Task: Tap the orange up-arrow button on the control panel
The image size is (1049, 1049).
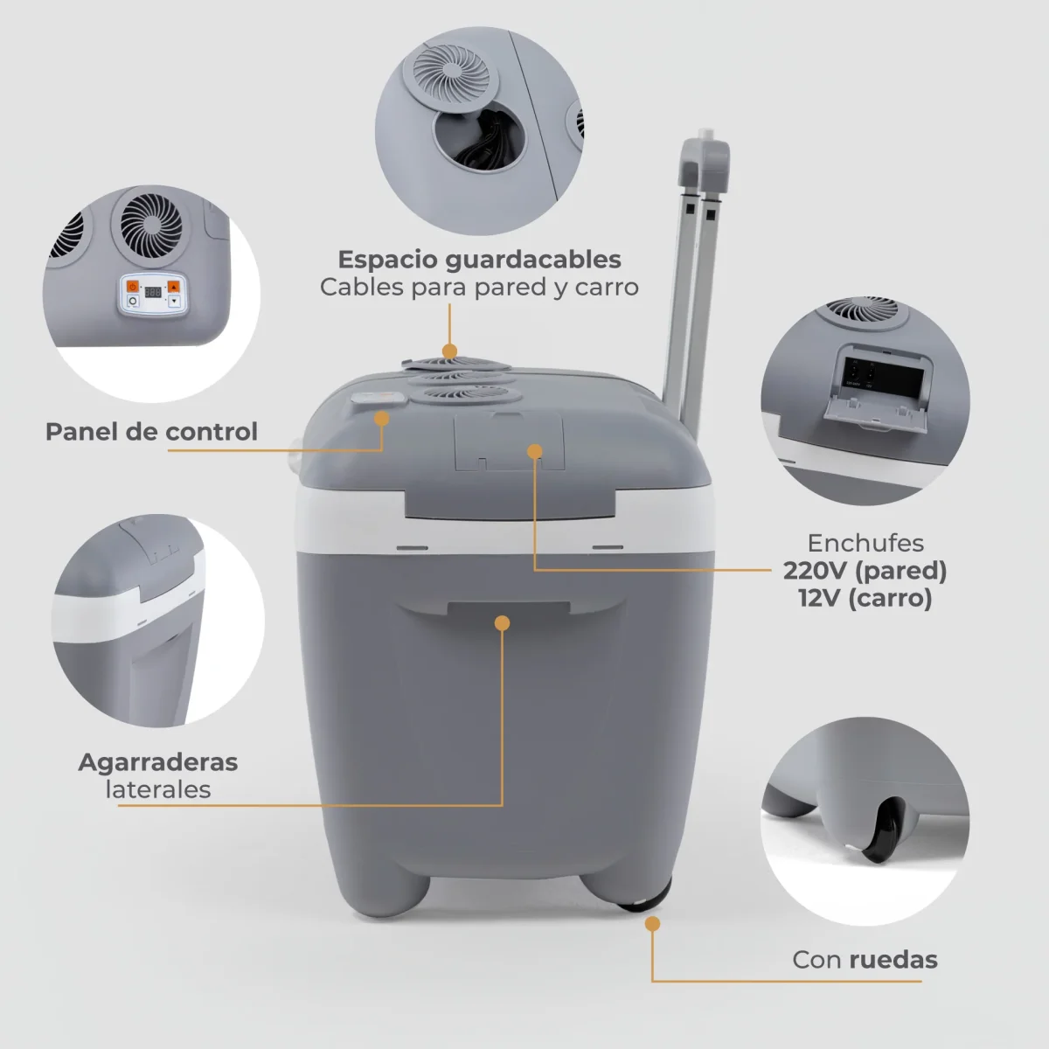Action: [174, 286]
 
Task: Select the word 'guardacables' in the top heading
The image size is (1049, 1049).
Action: [532, 260]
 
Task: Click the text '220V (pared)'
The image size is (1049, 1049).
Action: [865, 571]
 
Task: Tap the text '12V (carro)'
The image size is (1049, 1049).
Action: [865, 599]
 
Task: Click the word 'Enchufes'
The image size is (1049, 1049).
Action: [865, 543]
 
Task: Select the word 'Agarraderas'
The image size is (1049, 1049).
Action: [158, 761]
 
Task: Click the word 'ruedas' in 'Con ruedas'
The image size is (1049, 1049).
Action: [893, 960]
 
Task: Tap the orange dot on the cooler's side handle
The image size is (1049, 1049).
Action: [502, 622]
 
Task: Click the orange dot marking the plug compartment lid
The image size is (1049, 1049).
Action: [534, 450]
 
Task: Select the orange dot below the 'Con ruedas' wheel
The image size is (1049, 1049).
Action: [652, 924]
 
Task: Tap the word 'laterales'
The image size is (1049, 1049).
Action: [158, 789]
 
